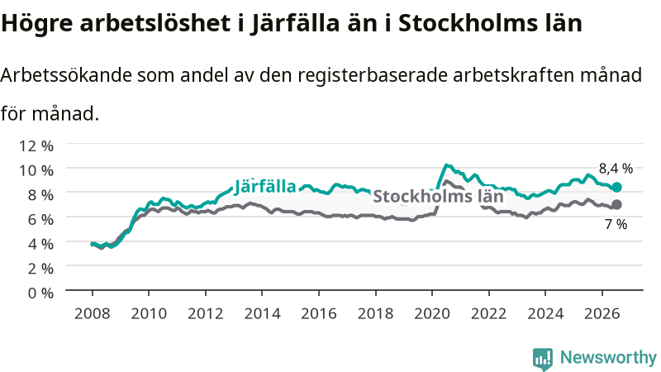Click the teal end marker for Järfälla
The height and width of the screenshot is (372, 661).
[616, 188]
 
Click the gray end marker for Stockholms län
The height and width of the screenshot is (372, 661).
[616, 204]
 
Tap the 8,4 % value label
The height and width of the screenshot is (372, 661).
[616, 169]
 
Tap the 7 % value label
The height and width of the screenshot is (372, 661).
[616, 224]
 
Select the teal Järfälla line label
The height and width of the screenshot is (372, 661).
[265, 187]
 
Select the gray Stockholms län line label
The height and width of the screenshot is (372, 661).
[438, 196]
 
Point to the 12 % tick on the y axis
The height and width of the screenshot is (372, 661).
[36, 146]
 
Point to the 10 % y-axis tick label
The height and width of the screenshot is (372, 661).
[36, 170]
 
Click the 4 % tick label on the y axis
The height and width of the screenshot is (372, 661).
[40, 244]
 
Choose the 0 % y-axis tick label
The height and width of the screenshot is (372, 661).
[40, 293]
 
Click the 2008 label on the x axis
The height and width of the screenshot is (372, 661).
[92, 314]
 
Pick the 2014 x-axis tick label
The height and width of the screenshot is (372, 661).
[262, 314]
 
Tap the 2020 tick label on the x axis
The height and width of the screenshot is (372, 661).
[432, 314]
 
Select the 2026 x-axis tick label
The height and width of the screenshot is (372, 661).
[602, 314]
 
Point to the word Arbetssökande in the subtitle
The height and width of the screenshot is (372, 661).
[66, 75]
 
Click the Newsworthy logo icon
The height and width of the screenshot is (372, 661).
[543, 359]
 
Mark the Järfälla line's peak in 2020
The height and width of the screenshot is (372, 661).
[447, 165]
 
